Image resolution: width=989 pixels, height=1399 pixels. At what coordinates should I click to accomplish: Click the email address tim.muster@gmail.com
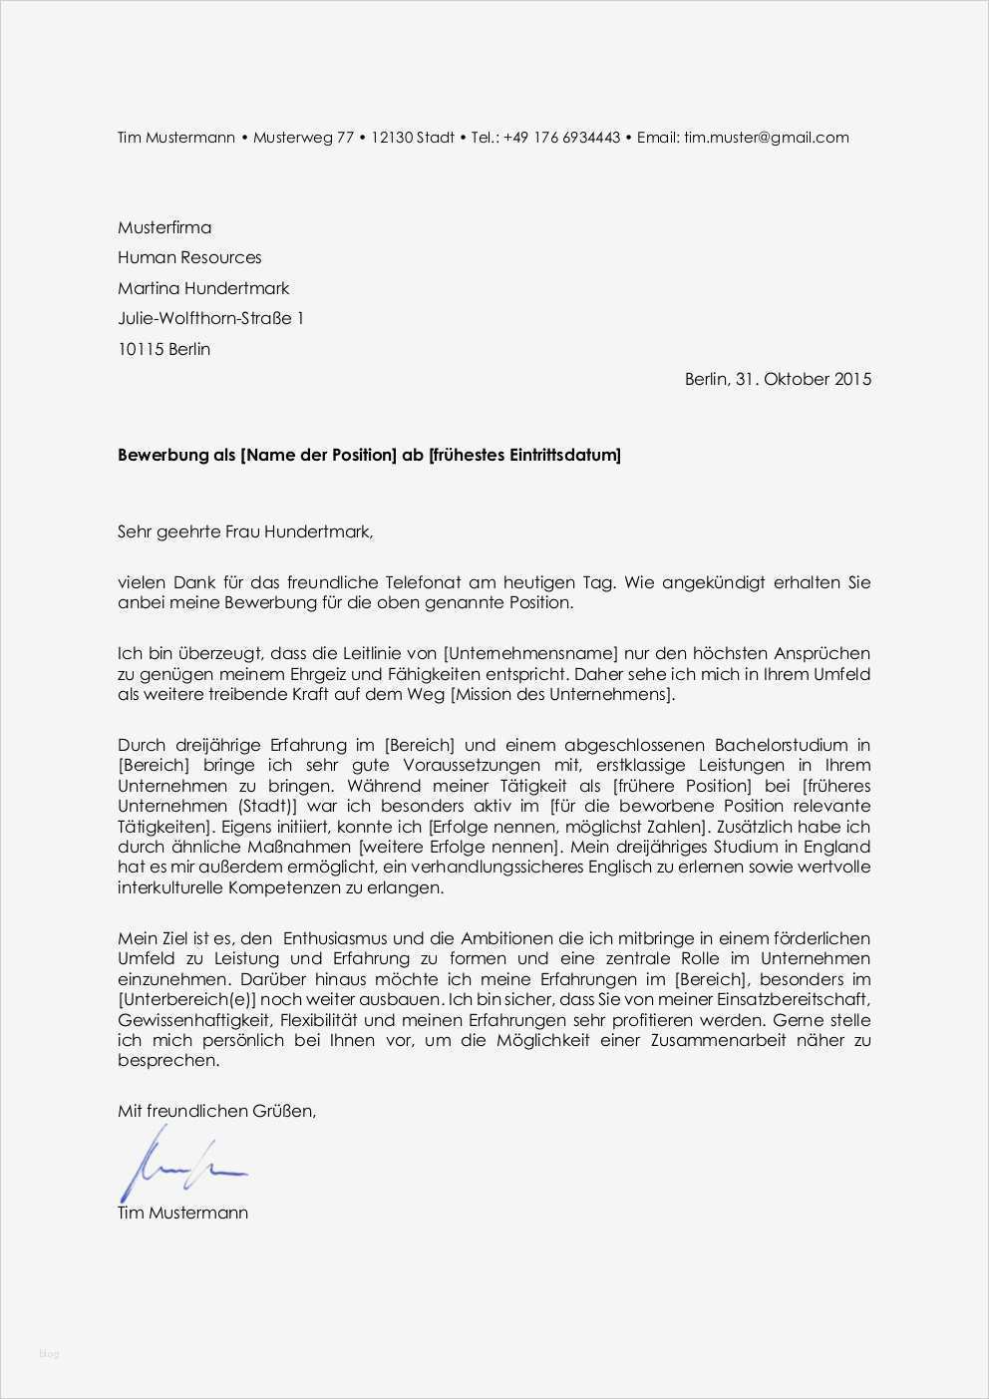tap(766, 138)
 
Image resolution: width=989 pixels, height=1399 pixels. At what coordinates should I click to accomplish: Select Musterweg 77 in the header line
tap(303, 138)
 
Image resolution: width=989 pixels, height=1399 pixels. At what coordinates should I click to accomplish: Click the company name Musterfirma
tap(165, 227)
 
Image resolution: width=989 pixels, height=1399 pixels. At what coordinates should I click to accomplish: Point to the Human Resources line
tap(189, 257)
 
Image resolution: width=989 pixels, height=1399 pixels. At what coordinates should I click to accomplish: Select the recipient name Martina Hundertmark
tap(203, 288)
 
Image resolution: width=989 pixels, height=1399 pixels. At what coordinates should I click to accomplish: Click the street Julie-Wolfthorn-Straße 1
tap(210, 318)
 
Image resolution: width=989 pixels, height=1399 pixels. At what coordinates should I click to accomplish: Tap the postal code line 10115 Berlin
tap(165, 349)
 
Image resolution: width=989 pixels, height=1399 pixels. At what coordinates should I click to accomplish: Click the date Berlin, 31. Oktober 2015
tap(778, 379)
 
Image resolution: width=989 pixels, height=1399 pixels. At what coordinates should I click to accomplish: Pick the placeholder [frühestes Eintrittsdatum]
tap(523, 456)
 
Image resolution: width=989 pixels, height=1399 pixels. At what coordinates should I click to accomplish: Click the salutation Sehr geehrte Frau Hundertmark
tap(245, 532)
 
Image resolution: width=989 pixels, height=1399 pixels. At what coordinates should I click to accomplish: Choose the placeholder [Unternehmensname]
tap(530, 654)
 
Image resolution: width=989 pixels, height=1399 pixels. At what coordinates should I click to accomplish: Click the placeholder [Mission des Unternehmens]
tap(563, 694)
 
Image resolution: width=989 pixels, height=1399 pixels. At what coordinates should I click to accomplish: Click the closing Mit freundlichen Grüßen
tap(216, 1111)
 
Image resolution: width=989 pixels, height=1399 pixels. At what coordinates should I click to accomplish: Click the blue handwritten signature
tap(179, 1163)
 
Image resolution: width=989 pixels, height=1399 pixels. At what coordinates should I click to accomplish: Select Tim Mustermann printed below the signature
tap(182, 1213)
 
